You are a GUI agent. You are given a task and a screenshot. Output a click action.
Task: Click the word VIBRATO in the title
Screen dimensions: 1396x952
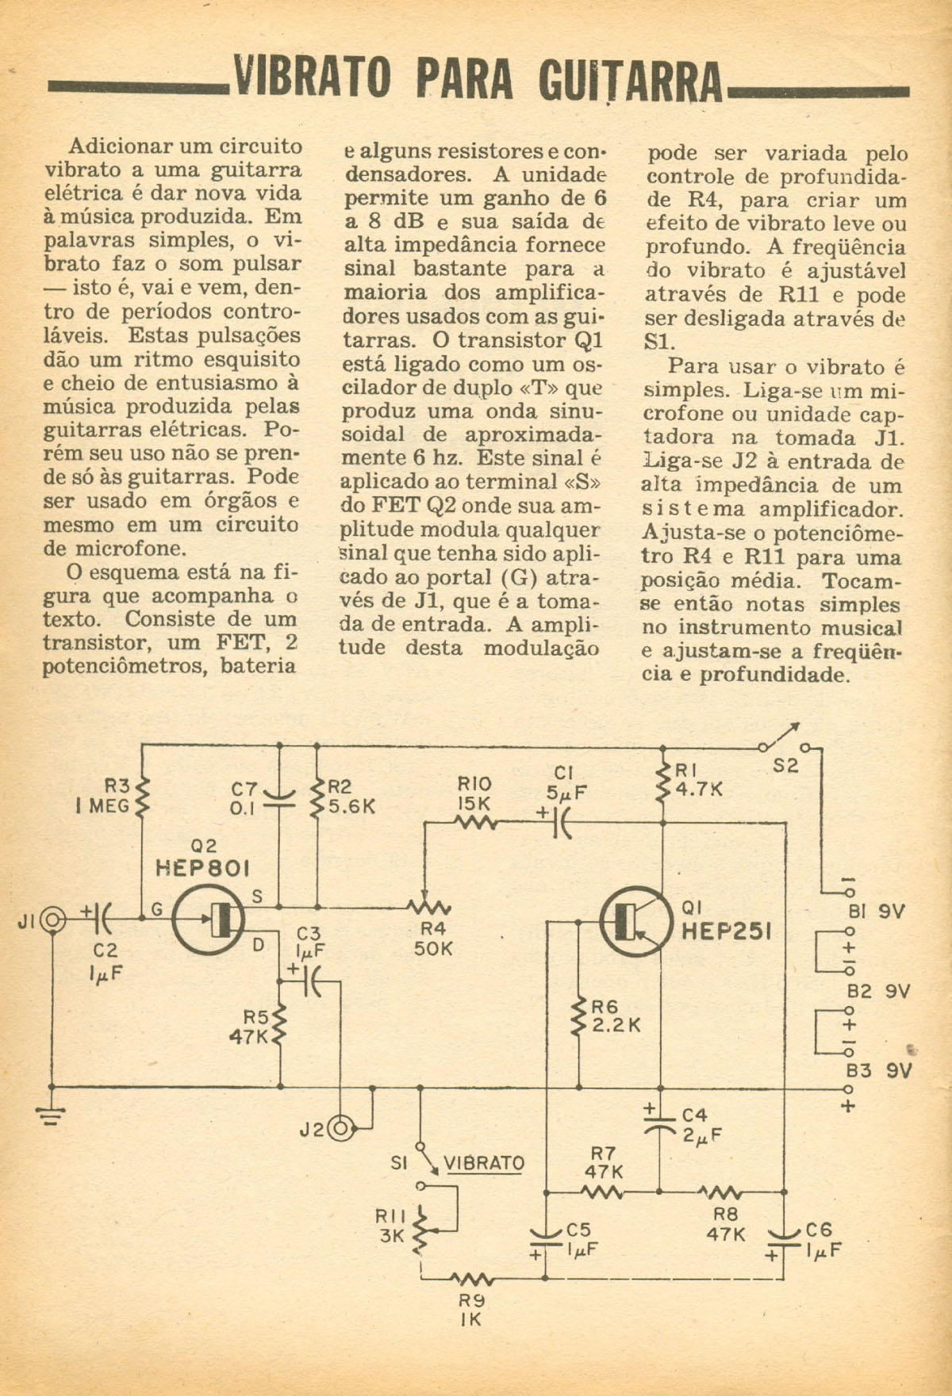(312, 78)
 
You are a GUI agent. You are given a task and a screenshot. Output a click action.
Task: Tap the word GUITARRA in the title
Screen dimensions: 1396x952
(630, 81)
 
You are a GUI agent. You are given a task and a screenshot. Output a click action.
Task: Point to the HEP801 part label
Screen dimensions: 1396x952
(202, 868)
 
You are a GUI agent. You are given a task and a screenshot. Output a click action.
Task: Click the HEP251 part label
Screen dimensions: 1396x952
(727, 931)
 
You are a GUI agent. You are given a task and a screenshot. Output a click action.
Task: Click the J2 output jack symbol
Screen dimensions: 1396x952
(340, 1127)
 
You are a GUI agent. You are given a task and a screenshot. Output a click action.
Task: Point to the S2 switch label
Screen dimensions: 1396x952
(785, 766)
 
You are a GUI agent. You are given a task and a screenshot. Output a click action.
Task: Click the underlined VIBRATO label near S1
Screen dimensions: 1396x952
(484, 1163)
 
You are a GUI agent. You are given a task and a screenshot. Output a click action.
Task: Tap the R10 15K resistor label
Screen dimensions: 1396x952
(474, 794)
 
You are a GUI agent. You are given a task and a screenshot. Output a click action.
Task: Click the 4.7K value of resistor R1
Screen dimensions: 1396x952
(700, 790)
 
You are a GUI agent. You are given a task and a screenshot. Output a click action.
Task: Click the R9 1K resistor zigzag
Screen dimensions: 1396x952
(473, 1278)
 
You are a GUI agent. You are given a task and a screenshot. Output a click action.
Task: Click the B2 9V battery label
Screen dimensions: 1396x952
(878, 991)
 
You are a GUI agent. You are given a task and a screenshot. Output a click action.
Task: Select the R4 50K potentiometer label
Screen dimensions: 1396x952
(432, 938)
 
